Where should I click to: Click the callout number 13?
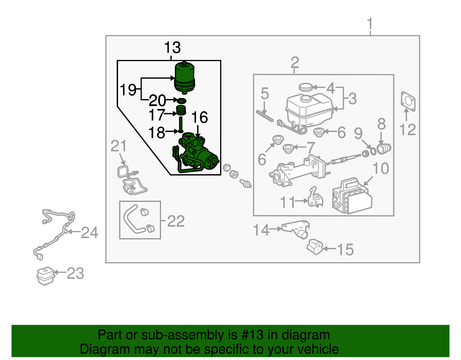[172, 48]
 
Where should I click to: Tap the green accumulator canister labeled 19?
[185, 77]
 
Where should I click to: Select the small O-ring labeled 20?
[182, 101]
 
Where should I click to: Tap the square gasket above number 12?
[408, 101]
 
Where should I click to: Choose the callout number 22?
[176, 221]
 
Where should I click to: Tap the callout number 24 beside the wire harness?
[90, 233]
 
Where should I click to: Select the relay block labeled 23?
[46, 276]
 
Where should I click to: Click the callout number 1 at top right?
[370, 24]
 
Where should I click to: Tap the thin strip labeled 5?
[264, 116]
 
